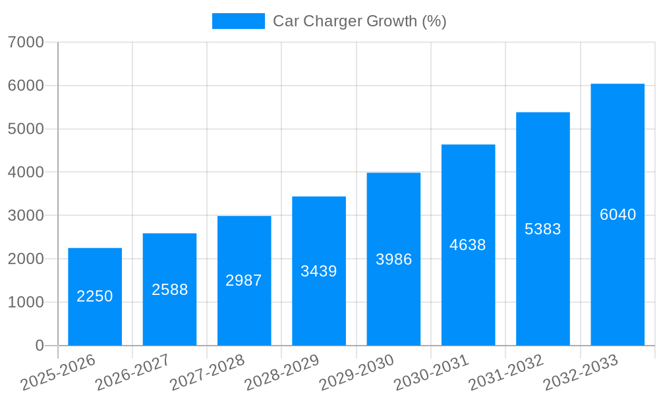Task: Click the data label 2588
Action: click(x=170, y=290)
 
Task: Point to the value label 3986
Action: click(x=393, y=259)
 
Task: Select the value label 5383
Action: click(x=543, y=229)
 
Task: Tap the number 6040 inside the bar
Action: click(x=617, y=215)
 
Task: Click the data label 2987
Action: click(x=244, y=280)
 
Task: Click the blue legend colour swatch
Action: click(x=238, y=21)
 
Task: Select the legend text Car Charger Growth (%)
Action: click(x=359, y=21)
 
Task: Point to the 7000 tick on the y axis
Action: click(x=26, y=42)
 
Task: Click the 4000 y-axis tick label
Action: click(x=26, y=172)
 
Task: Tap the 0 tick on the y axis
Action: click(x=39, y=346)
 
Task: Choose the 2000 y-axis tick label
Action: click(x=26, y=259)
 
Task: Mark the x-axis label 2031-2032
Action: click(x=506, y=372)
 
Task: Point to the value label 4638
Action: click(x=468, y=245)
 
